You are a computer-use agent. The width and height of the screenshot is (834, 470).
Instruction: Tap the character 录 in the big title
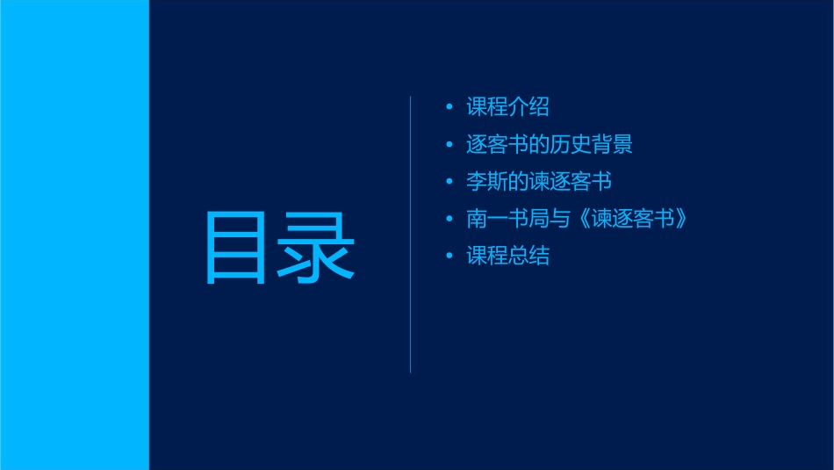(x=317, y=249)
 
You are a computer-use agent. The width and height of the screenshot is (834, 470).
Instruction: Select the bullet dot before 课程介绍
(x=449, y=107)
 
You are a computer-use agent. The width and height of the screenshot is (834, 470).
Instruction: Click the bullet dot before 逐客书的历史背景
(x=449, y=144)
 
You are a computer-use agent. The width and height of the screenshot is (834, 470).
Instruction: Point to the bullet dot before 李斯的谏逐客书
(x=449, y=182)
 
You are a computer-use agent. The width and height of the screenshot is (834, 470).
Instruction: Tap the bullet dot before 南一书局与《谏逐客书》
(x=449, y=219)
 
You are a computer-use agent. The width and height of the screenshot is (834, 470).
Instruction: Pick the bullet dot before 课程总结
(x=449, y=257)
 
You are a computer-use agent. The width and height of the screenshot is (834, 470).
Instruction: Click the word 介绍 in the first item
(x=528, y=107)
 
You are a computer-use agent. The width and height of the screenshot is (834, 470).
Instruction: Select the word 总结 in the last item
(x=528, y=257)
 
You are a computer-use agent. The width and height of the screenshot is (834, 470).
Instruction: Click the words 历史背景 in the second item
(x=591, y=144)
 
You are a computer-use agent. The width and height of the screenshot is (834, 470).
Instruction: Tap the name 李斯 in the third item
(x=486, y=182)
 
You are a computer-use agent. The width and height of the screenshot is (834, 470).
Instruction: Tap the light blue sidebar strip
(x=74, y=235)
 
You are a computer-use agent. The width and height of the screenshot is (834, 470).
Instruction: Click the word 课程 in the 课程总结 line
(x=486, y=257)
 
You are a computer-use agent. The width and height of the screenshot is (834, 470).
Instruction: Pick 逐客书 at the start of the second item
(x=497, y=144)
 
